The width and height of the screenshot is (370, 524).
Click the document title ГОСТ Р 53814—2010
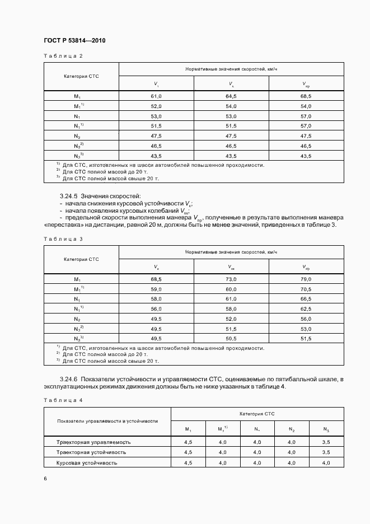[74, 41]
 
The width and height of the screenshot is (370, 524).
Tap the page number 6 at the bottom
[45, 478]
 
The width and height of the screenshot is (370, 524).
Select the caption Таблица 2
[63, 56]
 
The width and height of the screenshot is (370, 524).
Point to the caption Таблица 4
[63, 400]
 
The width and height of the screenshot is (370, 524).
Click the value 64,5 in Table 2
[231, 96]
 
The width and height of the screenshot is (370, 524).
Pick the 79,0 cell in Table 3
[306, 279]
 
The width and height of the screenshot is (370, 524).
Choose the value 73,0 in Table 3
[231, 279]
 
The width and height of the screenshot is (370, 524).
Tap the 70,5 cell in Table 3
[306, 289]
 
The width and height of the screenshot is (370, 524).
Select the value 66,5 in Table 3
[306, 299]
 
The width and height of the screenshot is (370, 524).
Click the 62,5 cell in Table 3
[306, 308]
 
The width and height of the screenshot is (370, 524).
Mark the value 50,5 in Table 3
[231, 339]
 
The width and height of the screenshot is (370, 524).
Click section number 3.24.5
[69, 196]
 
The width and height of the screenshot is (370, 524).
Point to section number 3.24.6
[69, 380]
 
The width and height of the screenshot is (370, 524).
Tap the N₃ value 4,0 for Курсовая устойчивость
[326, 462]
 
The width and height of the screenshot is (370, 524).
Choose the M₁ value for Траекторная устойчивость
[188, 452]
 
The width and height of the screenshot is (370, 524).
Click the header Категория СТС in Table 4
[257, 414]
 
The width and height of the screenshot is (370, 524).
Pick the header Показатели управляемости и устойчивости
[107, 420]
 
